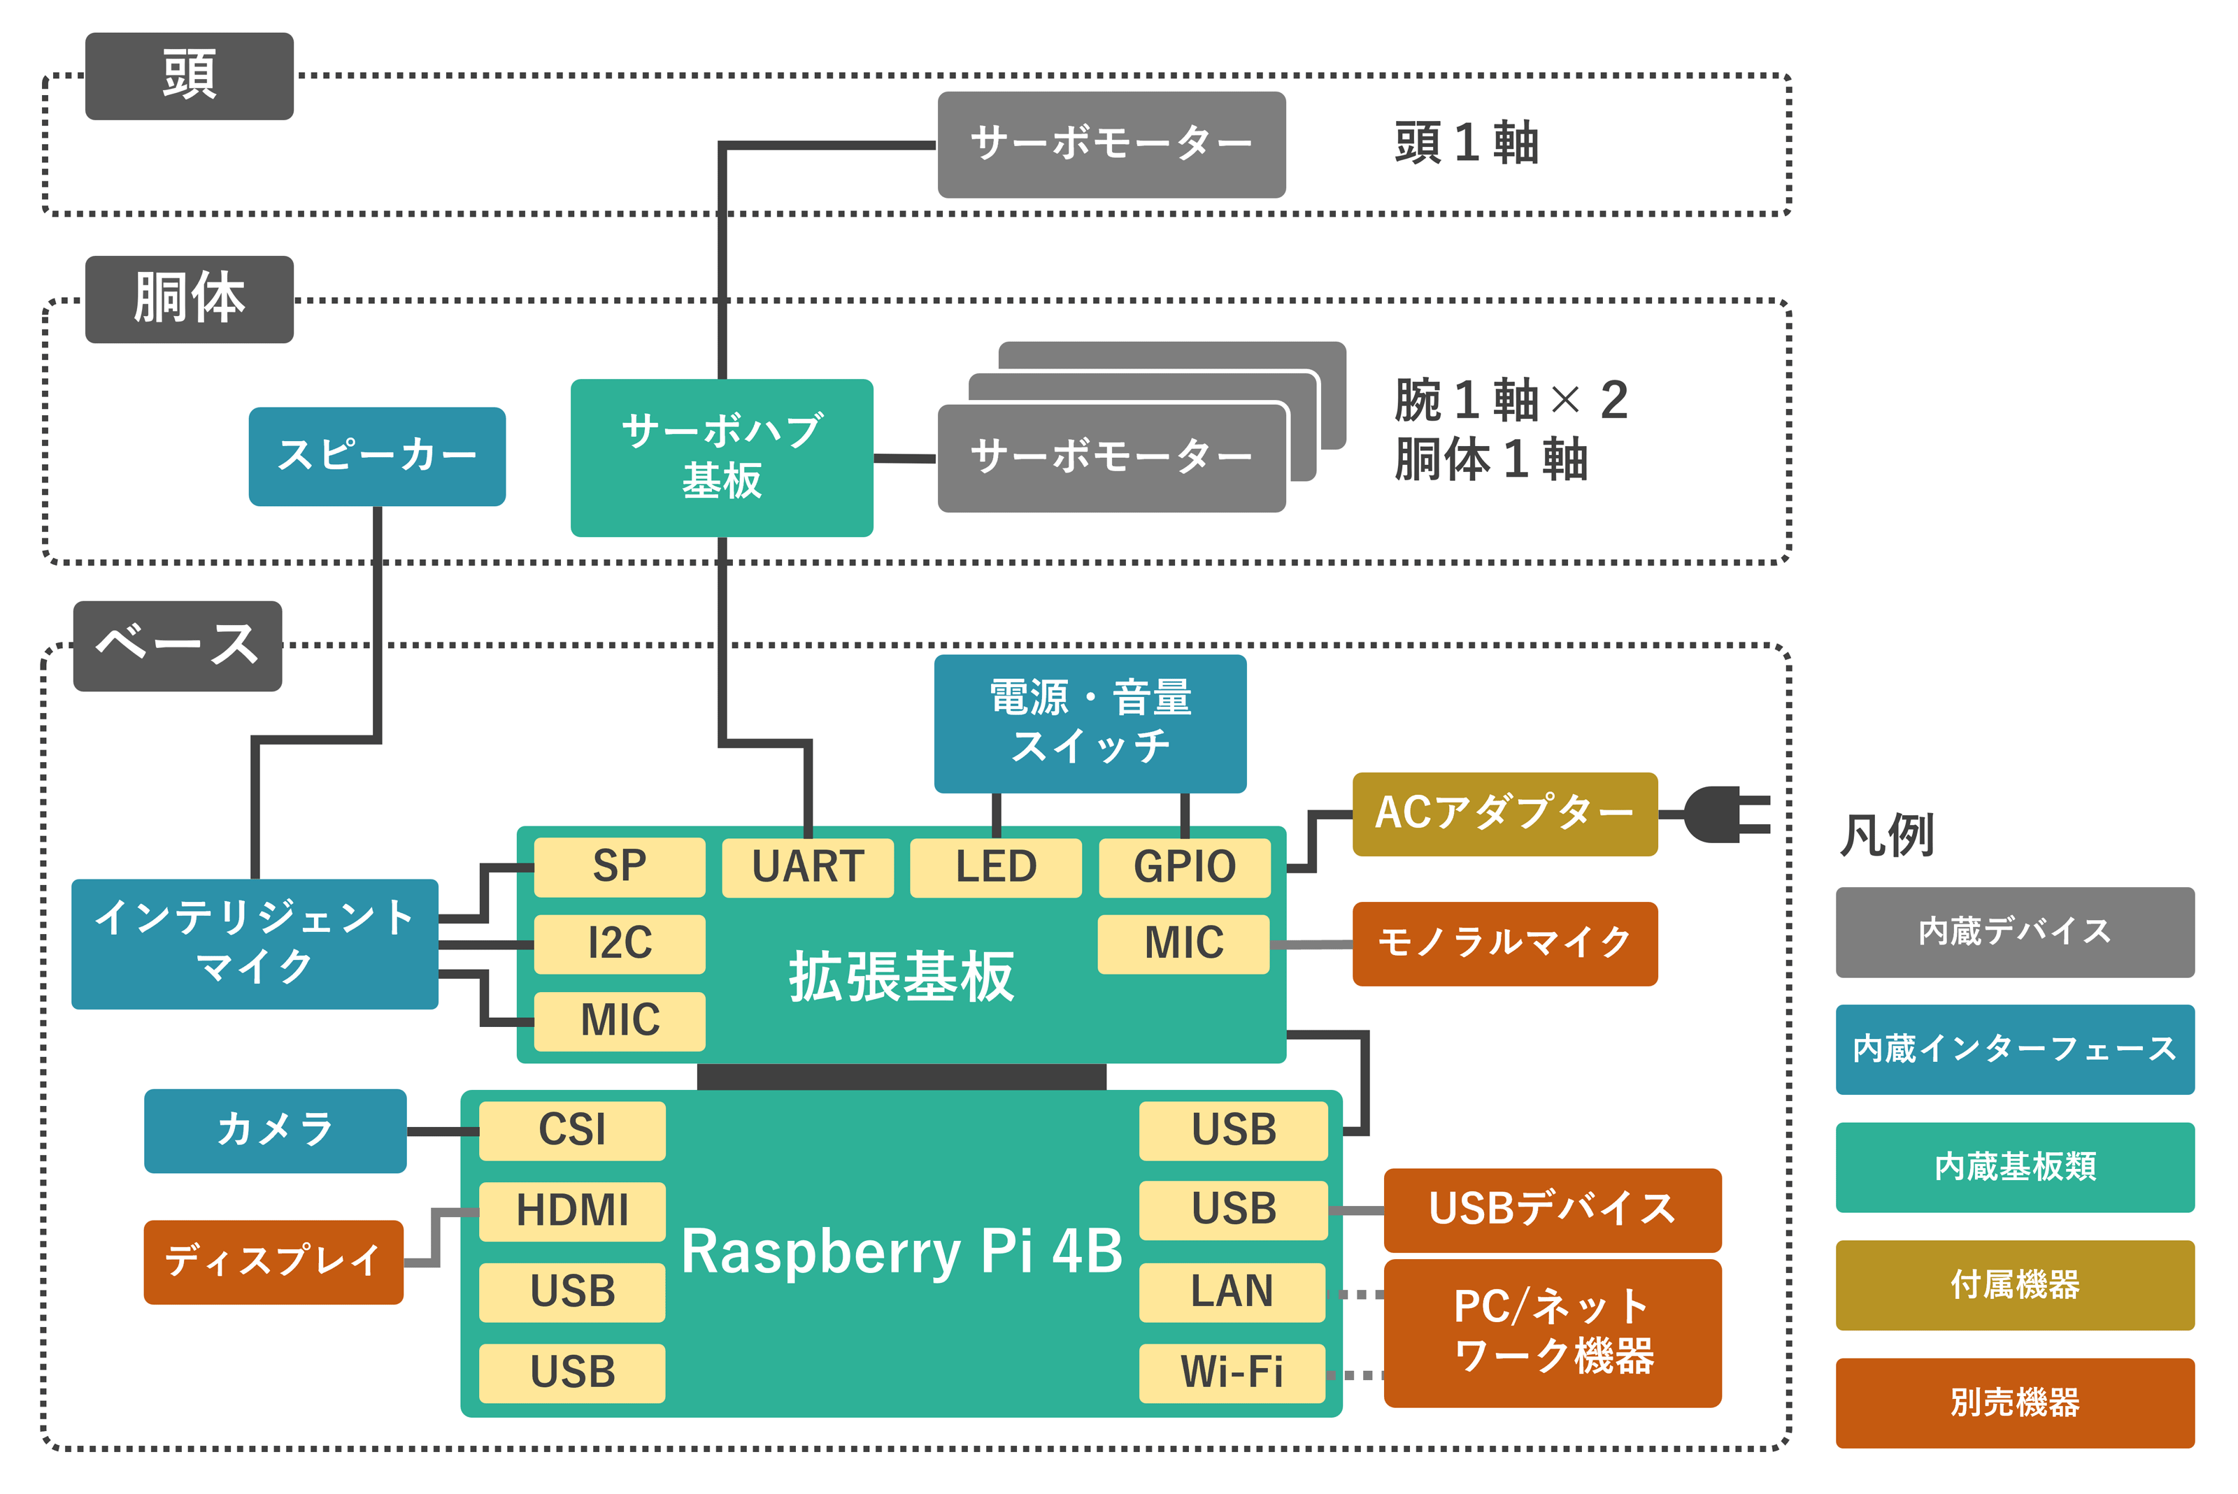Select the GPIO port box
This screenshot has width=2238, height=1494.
pyautogui.click(x=1184, y=867)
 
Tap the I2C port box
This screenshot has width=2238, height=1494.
pyautogui.click(x=620, y=943)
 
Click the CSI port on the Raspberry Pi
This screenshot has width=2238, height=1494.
pyautogui.click(x=572, y=1130)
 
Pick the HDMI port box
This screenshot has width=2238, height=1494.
pyautogui.click(x=572, y=1211)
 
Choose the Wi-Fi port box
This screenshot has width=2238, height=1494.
pyautogui.click(x=1232, y=1373)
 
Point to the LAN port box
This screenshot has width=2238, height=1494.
pyautogui.click(x=1232, y=1292)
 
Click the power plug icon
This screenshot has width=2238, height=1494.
pyautogui.click(x=1723, y=814)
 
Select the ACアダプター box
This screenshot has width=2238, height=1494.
pyautogui.click(x=1504, y=814)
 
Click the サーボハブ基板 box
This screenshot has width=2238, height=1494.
pyautogui.click(x=722, y=457)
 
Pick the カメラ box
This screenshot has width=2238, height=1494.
pyautogui.click(x=275, y=1130)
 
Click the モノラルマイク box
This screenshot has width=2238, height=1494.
pyautogui.click(x=1504, y=943)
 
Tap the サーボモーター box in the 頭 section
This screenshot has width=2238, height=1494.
pyautogui.click(x=1111, y=144)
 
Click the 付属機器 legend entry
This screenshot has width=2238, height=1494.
pyautogui.click(x=2014, y=1284)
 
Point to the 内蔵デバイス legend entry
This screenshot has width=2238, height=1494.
pyautogui.click(x=2014, y=931)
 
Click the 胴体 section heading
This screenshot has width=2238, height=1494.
pyautogui.click(x=189, y=299)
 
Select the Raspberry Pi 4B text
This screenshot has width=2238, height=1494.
pyautogui.click(x=901, y=1251)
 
